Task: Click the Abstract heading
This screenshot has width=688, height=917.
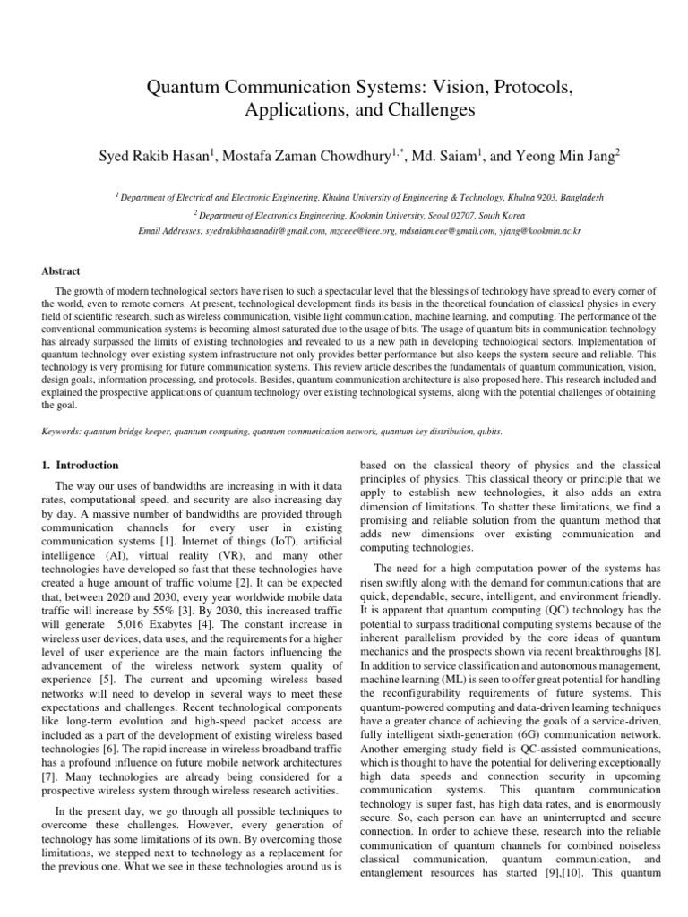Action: pos(62,271)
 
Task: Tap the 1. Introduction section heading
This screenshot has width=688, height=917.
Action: pos(81,466)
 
